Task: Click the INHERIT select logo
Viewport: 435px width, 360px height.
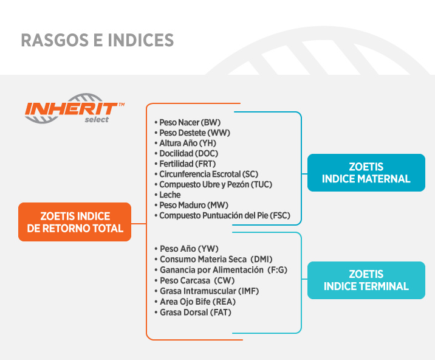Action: point(74,109)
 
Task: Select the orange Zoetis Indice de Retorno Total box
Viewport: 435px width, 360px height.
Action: point(75,222)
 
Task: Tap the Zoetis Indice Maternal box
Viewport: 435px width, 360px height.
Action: point(366,173)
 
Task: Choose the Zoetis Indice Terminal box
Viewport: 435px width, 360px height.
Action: point(366,280)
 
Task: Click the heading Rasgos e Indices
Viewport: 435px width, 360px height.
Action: point(97,40)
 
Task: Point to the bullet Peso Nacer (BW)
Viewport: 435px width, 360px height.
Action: point(188,122)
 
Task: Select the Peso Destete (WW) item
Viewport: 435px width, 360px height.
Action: point(192,133)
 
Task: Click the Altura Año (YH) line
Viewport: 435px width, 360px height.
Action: point(185,143)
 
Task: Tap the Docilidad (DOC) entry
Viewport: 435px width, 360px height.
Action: point(187,153)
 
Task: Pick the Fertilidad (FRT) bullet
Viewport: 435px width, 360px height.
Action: point(185,164)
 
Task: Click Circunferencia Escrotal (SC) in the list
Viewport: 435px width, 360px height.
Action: point(207,174)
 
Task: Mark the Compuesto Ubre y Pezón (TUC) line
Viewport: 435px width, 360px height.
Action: point(213,184)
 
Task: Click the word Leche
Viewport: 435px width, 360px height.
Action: point(170,195)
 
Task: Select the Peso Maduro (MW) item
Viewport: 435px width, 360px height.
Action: point(191,205)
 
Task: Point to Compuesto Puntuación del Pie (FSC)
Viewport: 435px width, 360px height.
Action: point(222,215)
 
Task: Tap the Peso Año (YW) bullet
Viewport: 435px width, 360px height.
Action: point(187,249)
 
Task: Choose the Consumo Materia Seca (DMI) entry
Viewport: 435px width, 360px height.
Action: point(214,259)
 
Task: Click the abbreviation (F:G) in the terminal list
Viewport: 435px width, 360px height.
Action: point(277,270)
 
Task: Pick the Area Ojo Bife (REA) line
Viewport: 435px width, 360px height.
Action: point(195,302)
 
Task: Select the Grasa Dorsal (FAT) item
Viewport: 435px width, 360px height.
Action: point(193,312)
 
